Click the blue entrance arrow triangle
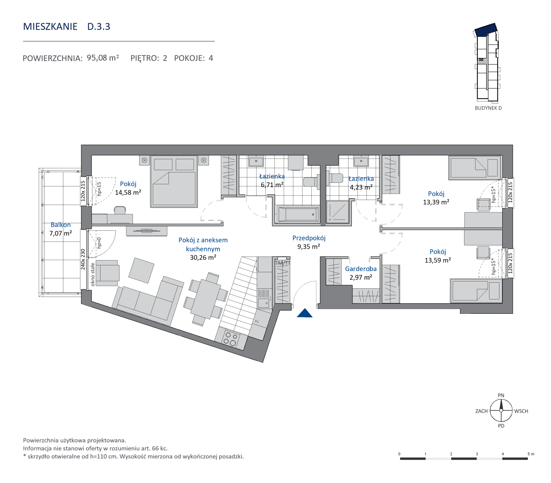304,313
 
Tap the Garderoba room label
361,269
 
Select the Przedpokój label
309,238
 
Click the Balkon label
61,225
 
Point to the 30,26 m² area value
203,257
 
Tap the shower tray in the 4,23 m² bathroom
337,212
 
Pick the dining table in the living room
205,299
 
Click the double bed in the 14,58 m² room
174,181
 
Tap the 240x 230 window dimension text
83,259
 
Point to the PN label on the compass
501,395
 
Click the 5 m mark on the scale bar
531,454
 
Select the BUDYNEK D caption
488,108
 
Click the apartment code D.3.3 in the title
99,26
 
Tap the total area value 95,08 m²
103,58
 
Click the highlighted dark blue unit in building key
486,30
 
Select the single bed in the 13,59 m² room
476,291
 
